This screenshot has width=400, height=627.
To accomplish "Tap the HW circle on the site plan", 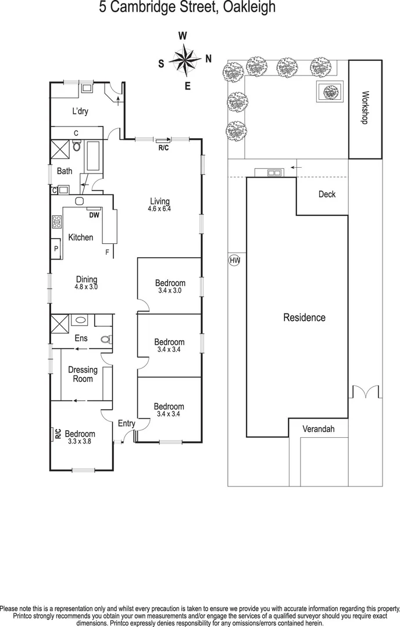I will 234,261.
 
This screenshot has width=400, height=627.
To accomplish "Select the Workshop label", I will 366,107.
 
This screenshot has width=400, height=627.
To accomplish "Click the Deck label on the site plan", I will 327,194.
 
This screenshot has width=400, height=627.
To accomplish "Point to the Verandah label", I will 318,429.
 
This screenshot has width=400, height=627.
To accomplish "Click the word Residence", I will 304,318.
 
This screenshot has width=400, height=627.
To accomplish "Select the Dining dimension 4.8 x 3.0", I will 86,287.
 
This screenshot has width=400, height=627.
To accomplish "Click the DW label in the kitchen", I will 94,215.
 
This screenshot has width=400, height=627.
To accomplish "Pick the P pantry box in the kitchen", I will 56,248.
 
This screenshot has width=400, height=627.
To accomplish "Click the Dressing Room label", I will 83,374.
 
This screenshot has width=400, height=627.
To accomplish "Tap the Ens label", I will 81,338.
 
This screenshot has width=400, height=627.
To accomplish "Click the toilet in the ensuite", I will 105,340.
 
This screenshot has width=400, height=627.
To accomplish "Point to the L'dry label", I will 80,111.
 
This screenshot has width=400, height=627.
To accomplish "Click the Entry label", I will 126,423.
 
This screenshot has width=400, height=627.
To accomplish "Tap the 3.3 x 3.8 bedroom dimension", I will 80,441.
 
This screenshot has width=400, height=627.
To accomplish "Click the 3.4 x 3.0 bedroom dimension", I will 170,290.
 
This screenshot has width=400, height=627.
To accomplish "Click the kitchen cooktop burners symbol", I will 57,221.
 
